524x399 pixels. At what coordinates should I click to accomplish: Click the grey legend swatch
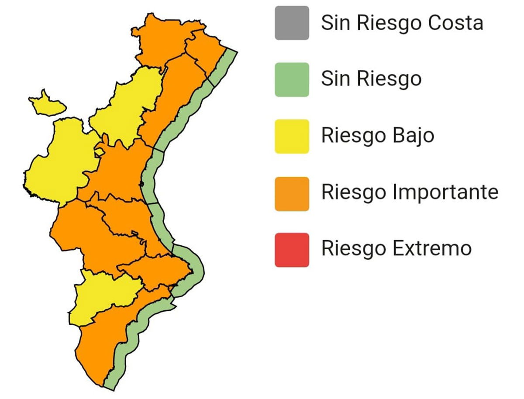292,23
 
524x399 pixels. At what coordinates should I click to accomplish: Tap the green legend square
292,79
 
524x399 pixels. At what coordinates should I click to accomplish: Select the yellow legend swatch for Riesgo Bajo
292,136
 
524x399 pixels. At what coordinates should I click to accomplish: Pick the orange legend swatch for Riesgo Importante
292,193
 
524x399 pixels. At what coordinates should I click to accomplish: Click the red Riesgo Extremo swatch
292,250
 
